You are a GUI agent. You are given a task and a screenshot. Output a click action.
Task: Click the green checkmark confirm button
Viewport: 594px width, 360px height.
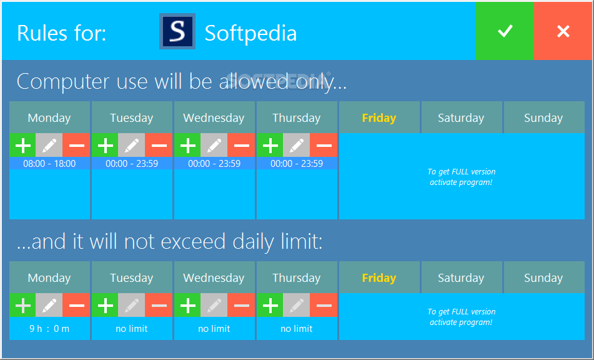[x=505, y=31]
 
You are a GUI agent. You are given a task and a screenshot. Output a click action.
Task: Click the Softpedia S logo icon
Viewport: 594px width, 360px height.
[x=177, y=31]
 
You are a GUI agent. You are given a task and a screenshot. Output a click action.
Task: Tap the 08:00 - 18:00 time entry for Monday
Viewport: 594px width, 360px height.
[x=49, y=164]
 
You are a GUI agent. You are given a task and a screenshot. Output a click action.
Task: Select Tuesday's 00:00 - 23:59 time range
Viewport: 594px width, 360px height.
[x=132, y=164]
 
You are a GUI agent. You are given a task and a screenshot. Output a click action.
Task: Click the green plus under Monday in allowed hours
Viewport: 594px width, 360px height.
[x=22, y=145]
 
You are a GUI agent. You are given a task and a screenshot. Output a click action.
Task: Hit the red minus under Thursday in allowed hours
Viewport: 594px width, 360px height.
[x=324, y=145]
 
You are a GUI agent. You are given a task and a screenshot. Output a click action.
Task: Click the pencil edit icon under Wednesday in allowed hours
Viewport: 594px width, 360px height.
[x=214, y=145]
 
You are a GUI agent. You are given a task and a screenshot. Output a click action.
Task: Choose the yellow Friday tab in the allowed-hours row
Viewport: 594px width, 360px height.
[x=379, y=118]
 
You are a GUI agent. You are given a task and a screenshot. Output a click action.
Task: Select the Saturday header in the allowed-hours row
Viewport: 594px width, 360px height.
[x=462, y=118]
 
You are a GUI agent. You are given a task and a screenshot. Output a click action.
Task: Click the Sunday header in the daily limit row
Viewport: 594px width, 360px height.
[x=543, y=277]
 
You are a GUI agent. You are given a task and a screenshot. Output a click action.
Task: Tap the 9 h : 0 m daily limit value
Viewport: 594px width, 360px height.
[x=49, y=329]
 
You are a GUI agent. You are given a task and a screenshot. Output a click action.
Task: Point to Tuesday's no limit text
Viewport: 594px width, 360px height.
[x=132, y=329]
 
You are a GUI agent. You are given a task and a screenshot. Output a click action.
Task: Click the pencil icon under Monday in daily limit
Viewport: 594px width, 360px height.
[x=49, y=305]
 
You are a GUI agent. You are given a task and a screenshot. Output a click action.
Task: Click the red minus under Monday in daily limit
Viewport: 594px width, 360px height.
[x=77, y=305]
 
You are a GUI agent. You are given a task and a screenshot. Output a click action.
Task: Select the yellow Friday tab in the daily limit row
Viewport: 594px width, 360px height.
[x=379, y=277]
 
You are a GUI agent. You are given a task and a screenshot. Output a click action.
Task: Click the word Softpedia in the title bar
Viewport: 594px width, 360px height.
[x=251, y=33]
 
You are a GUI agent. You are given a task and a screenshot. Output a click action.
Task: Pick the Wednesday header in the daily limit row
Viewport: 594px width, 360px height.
[x=214, y=277]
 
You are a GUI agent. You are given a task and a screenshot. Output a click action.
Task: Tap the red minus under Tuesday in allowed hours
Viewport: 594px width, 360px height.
[x=159, y=145]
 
